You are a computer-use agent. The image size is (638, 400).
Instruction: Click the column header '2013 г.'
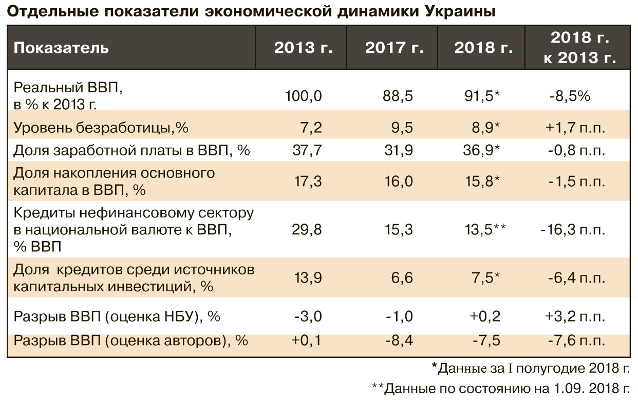pos(303,48)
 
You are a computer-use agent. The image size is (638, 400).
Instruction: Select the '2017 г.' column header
pos(394,48)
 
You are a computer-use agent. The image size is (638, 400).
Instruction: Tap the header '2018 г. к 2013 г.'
pos(579,48)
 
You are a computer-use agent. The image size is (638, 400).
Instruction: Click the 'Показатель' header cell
pos(61,48)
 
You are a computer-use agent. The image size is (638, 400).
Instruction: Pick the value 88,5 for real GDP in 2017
pos(399,96)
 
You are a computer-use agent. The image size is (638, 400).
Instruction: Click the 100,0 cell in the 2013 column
pos(304,96)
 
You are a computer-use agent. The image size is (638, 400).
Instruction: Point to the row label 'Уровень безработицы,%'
pos(101,127)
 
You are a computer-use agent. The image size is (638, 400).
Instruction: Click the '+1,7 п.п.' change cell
pos(575,127)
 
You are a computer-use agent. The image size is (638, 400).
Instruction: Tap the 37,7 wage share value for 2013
pos(308,151)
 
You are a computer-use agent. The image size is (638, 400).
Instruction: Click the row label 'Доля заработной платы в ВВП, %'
pos(132,151)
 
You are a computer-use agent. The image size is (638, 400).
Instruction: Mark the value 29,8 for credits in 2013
pos(308,229)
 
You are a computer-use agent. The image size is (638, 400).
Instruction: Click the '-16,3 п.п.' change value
pos(572,229)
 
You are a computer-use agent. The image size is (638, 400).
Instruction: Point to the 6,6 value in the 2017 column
pos(402,277)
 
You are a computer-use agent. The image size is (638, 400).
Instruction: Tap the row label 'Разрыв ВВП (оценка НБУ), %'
pos(117,316)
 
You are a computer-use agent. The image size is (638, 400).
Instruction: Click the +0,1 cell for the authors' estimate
pos(306,340)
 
